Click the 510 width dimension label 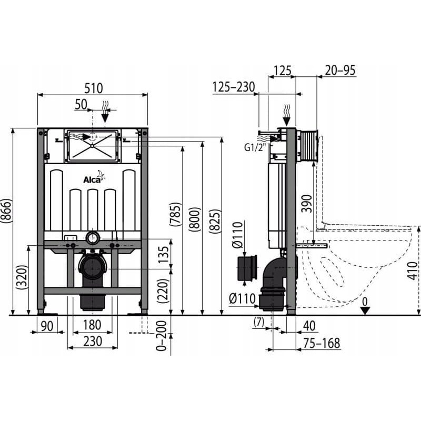tap(94, 88)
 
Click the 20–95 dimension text tap(340, 71)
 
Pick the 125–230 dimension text tap(233, 87)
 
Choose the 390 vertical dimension tap(307, 204)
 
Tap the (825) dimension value tap(215, 221)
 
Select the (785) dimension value tap(176, 215)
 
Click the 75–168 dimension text tap(322, 343)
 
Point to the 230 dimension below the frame tap(93, 341)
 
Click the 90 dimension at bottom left tap(47, 326)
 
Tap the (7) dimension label tap(259, 322)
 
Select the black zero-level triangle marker tap(365, 311)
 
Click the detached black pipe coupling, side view tap(247, 268)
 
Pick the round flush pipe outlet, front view tap(93, 238)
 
